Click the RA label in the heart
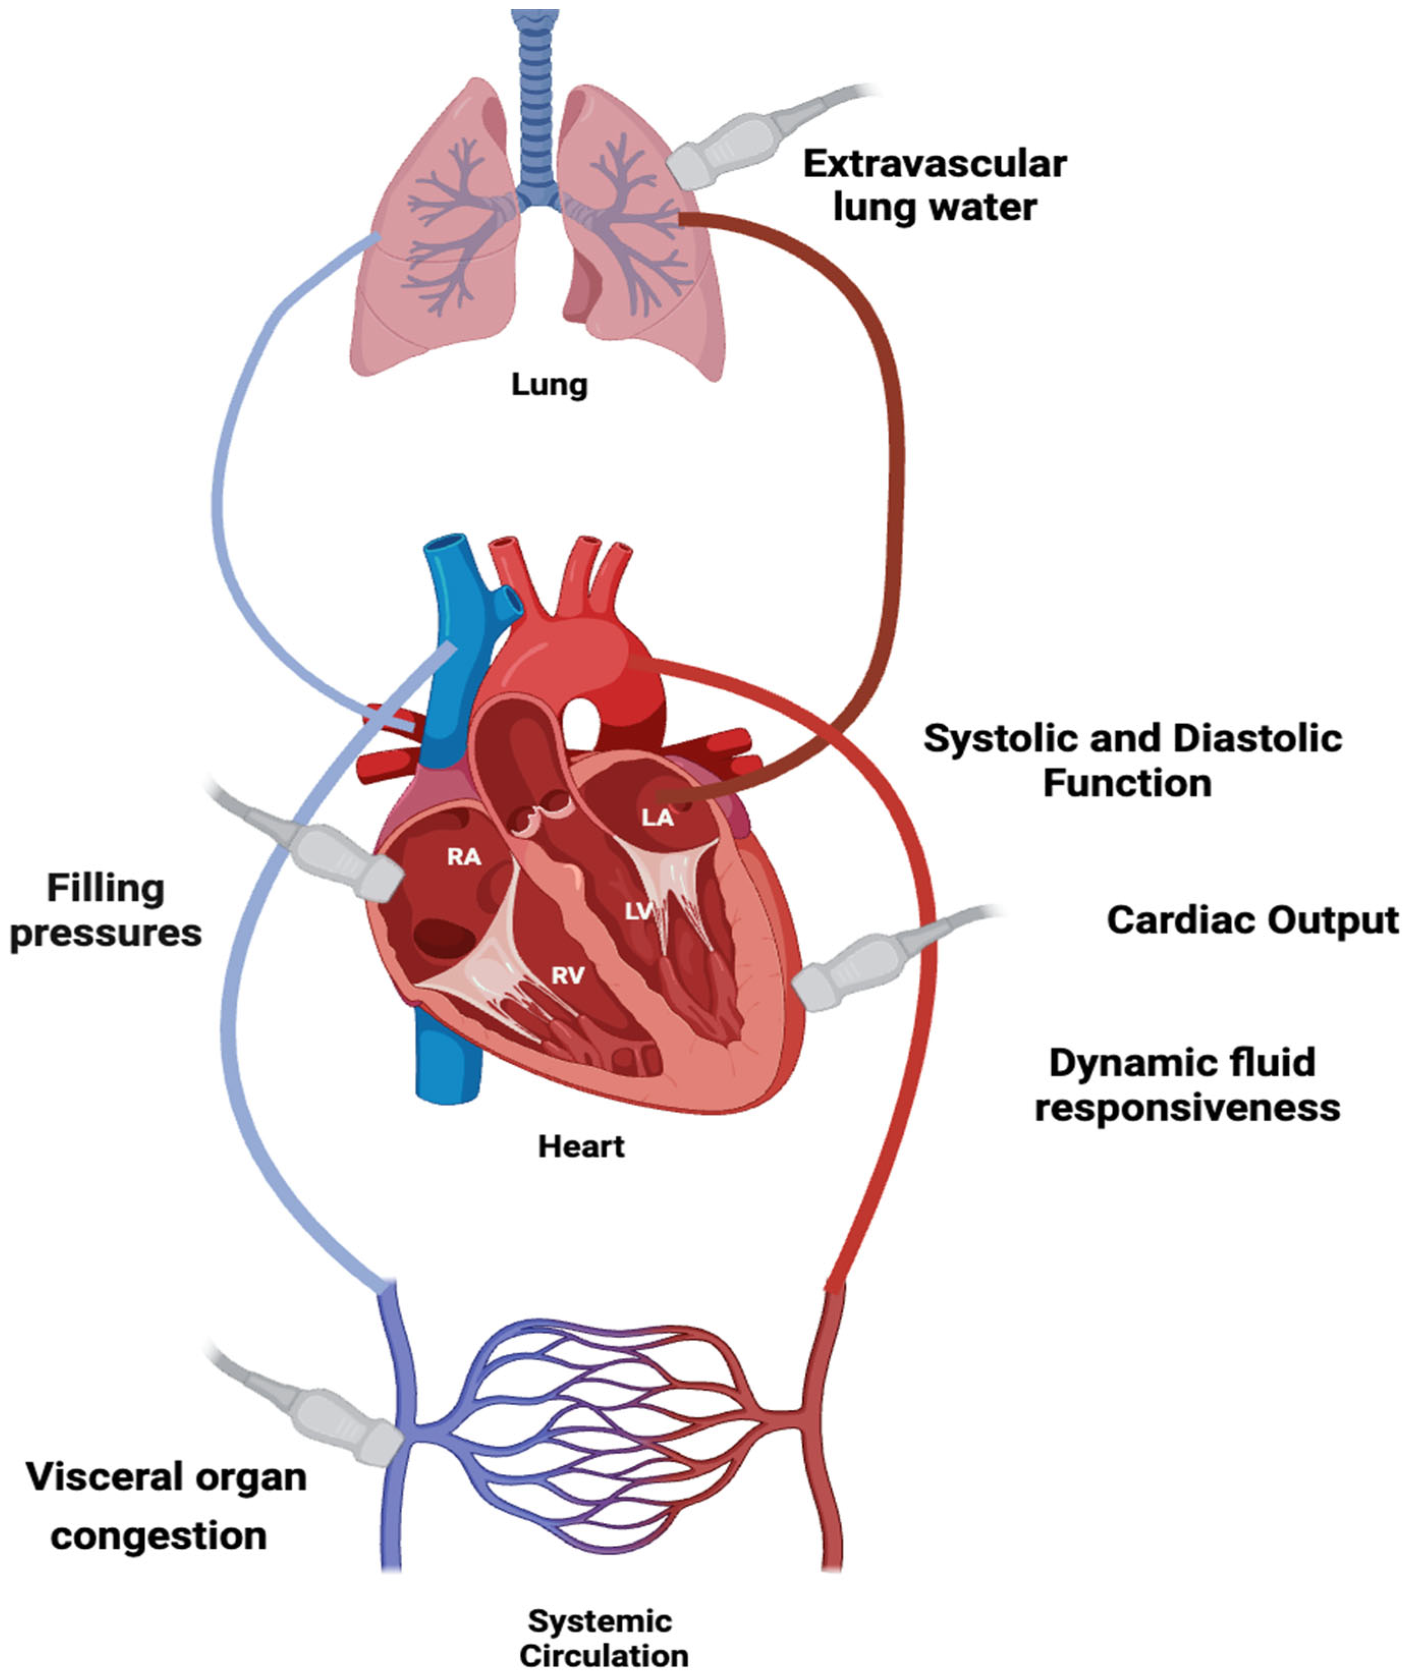click(x=464, y=857)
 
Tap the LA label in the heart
click(x=657, y=818)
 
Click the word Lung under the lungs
click(x=549, y=385)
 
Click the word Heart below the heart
click(x=581, y=1147)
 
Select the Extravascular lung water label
click(x=934, y=185)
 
